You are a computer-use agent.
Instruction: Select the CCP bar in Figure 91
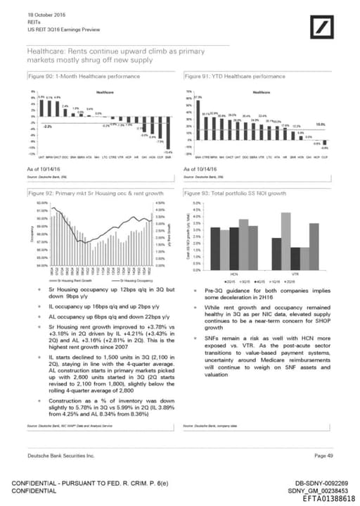pyautogui.click(x=325, y=138)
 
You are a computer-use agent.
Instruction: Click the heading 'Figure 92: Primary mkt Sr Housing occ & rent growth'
pyautogui.click(x=95, y=192)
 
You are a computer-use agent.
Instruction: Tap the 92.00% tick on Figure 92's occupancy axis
pyautogui.click(x=41, y=203)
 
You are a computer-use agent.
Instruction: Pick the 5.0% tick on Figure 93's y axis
pyautogui.click(x=196, y=203)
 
